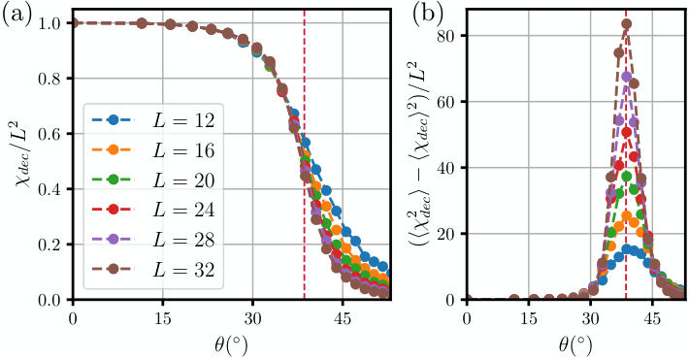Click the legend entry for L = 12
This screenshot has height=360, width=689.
click(153, 120)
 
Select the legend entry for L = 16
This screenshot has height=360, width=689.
click(153, 149)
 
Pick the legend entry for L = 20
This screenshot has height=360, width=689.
click(153, 180)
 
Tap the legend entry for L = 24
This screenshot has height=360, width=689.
click(153, 210)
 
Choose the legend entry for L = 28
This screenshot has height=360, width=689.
click(153, 240)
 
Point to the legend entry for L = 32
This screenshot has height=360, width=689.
click(153, 269)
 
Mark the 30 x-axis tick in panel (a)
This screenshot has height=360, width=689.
click(252, 318)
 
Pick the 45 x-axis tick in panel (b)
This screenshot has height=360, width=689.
click(652, 318)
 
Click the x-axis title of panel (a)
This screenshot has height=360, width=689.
click(232, 345)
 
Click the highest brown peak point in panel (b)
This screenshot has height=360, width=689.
click(627, 24)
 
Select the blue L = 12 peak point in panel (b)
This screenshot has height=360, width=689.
click(627, 249)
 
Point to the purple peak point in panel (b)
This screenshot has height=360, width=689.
click(627, 77)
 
